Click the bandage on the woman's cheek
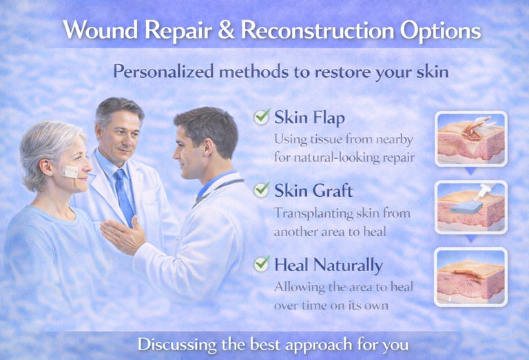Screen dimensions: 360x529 [71, 171]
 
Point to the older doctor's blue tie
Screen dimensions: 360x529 [125, 195]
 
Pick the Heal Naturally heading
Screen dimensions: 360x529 [328, 264]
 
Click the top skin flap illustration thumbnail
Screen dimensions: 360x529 [471, 138]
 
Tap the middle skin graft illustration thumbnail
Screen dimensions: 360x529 [471, 207]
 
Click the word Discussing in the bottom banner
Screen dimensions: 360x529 [178, 344]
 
